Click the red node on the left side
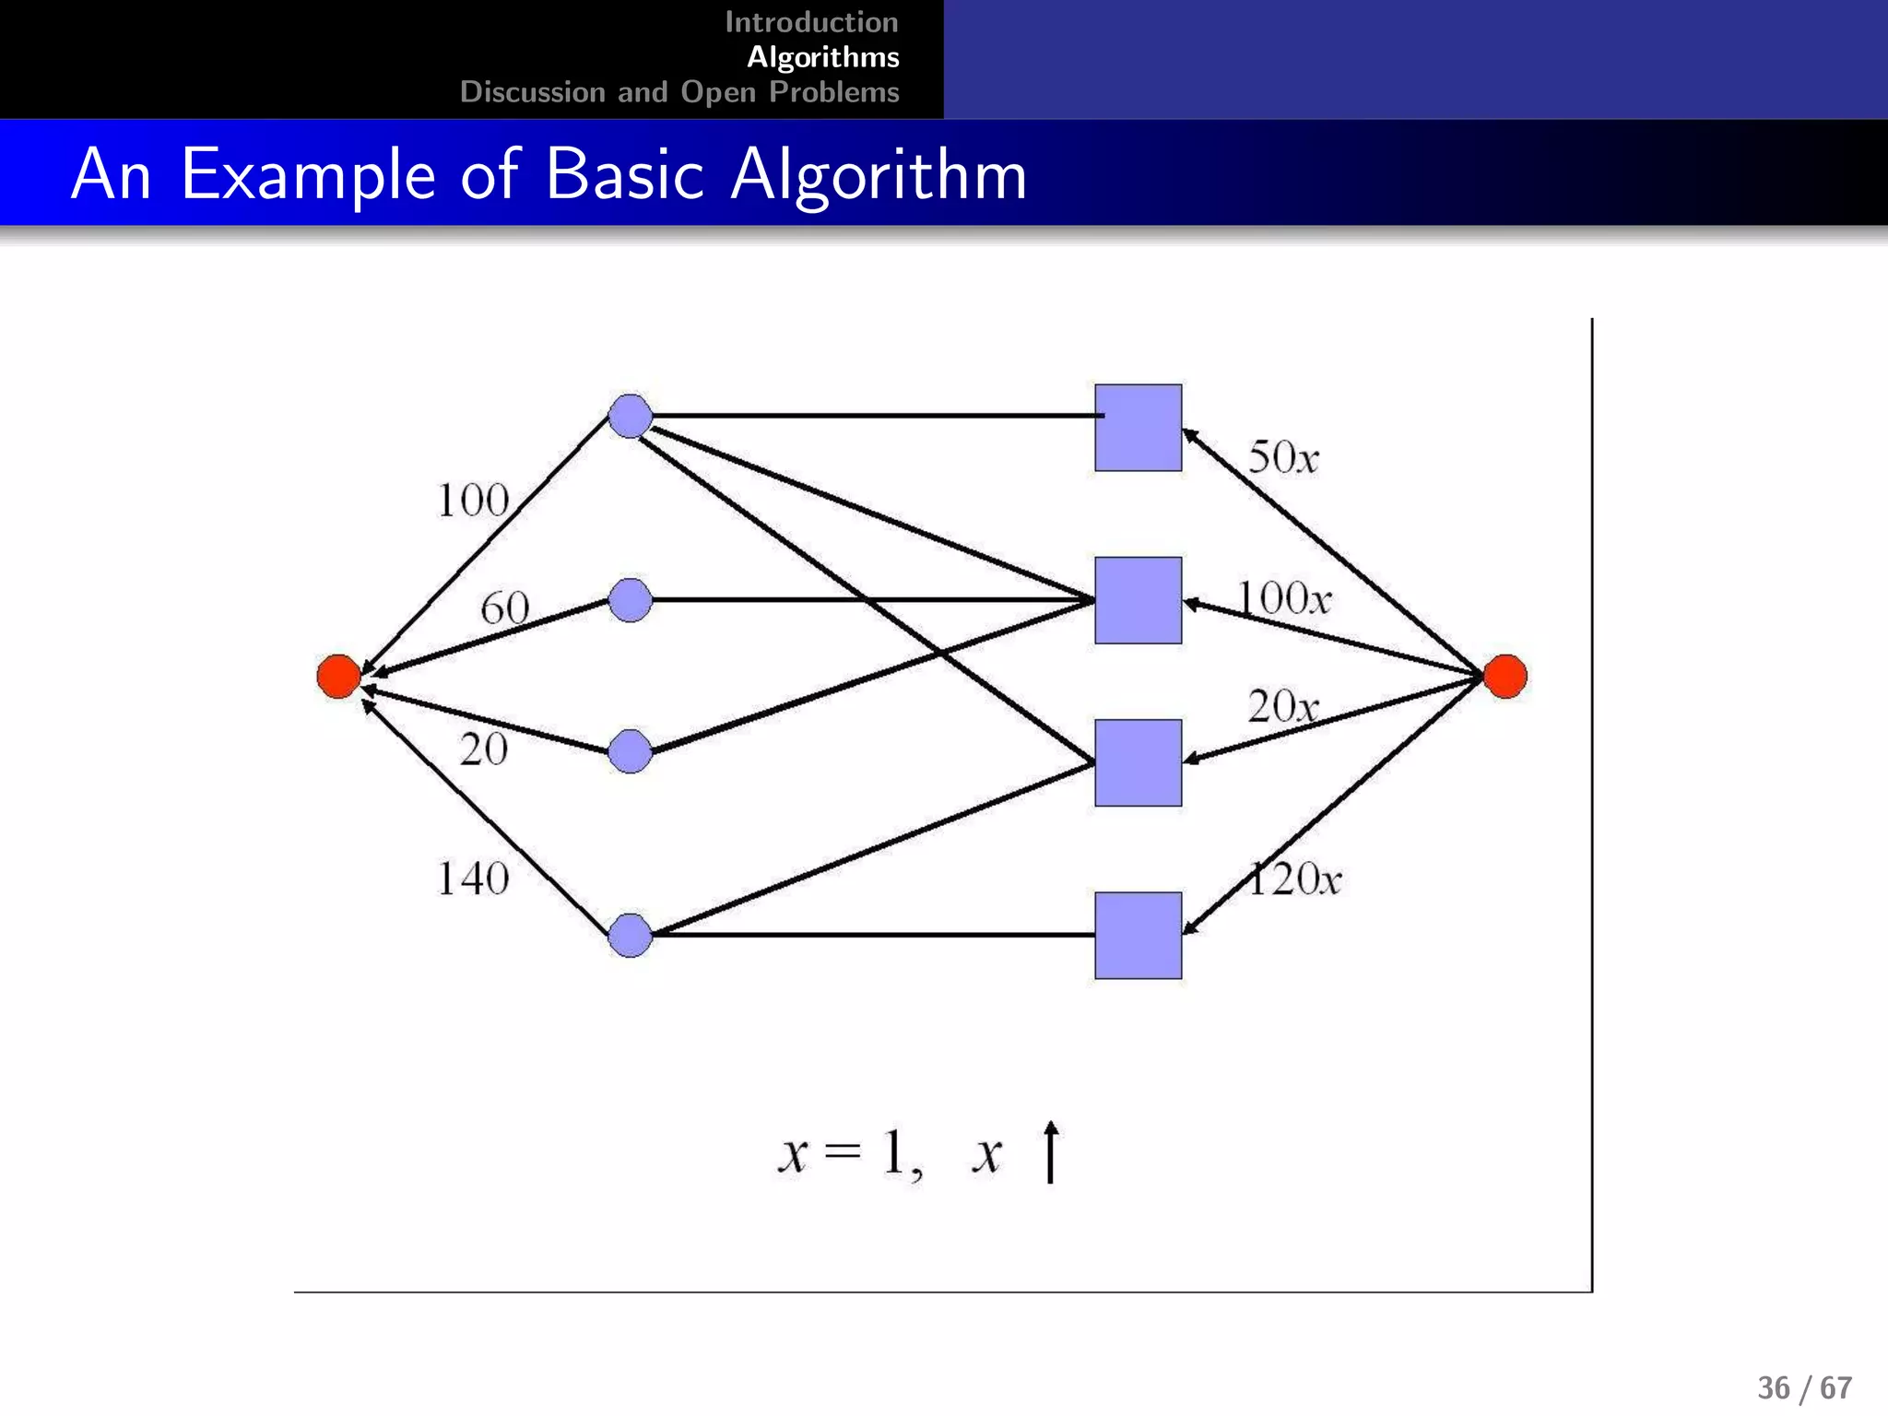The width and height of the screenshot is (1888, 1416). pos(338,676)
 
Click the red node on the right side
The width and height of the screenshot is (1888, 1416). pos(1504,676)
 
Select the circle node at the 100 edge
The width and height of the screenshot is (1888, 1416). pos(631,416)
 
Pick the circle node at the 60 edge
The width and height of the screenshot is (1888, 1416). pos(631,600)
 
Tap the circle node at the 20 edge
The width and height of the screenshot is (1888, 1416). pos(631,751)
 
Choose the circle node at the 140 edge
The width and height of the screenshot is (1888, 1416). pos(631,936)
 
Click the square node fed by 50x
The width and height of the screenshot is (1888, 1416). pos(1138,428)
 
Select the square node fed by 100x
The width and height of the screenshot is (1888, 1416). pos(1138,600)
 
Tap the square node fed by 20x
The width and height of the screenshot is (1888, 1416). pos(1138,762)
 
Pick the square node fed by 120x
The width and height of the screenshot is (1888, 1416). pos(1138,935)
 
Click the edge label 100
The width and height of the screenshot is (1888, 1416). pos(472,501)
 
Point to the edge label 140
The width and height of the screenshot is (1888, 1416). pos(472,878)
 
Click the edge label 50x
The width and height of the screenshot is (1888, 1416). pos(1283,457)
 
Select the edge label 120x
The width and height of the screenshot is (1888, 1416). pos(1294,879)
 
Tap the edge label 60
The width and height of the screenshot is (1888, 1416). pos(504,608)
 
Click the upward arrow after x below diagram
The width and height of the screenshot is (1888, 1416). pos(1050,1151)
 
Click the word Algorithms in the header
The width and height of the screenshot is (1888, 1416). pos(822,57)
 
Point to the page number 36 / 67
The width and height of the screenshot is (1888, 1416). pos(1804,1387)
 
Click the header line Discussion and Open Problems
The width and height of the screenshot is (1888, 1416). pos(679,92)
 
